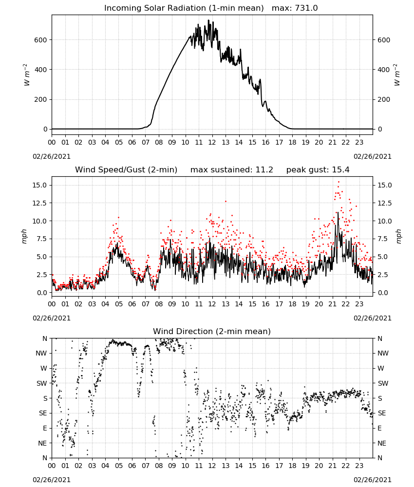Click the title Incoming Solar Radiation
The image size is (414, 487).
point(155,8)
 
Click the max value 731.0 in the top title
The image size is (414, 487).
point(306,8)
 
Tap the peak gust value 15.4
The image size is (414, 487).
point(340,170)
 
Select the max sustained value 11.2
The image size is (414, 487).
point(264,170)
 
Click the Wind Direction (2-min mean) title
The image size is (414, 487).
point(212,331)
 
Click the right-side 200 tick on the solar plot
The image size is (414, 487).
point(384,100)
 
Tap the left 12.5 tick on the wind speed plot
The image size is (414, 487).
point(40,203)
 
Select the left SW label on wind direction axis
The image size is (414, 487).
point(42,383)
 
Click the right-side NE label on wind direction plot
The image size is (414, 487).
point(382,443)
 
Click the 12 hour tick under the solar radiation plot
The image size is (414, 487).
point(212,142)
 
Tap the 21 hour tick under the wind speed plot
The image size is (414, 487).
point(333,304)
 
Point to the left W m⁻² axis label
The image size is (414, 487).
point(26,75)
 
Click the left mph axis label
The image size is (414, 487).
point(24,236)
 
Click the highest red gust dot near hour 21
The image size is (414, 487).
point(339,182)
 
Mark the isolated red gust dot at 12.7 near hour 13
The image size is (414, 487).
point(226,201)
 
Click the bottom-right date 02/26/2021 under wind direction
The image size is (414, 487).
point(373,480)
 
